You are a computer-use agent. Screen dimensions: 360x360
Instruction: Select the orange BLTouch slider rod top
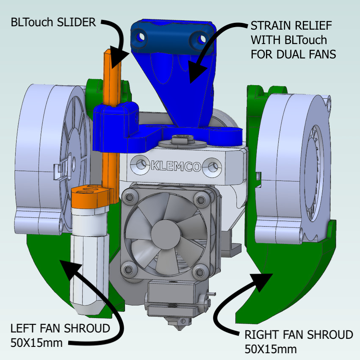111,53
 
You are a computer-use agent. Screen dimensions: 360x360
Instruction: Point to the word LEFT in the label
22,329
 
